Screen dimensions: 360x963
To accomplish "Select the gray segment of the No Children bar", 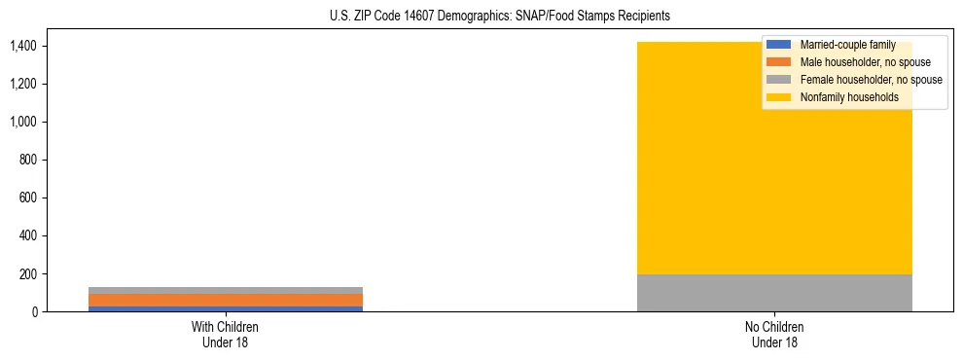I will pyautogui.click(x=774, y=293).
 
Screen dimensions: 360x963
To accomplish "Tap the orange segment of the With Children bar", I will pyautogui.click(x=226, y=300).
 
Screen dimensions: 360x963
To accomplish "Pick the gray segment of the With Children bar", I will pyautogui.click(x=226, y=290).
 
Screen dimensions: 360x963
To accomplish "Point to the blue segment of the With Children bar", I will pyautogui.click(x=226, y=308).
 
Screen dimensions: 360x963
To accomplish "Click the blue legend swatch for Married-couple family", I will pyautogui.click(x=779, y=45).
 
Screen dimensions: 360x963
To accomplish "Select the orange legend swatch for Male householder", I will pyautogui.click(x=779, y=62).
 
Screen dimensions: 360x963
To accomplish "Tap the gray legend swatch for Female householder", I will pyautogui.click(x=779, y=80).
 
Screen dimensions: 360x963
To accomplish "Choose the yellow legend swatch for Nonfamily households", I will pyautogui.click(x=779, y=97).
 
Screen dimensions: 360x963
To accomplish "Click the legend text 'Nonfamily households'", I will pyautogui.click(x=849, y=97).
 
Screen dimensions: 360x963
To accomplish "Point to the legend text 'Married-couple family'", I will pyautogui.click(x=847, y=45).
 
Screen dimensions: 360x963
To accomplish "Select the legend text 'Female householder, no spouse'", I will pyautogui.click(x=871, y=80).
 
